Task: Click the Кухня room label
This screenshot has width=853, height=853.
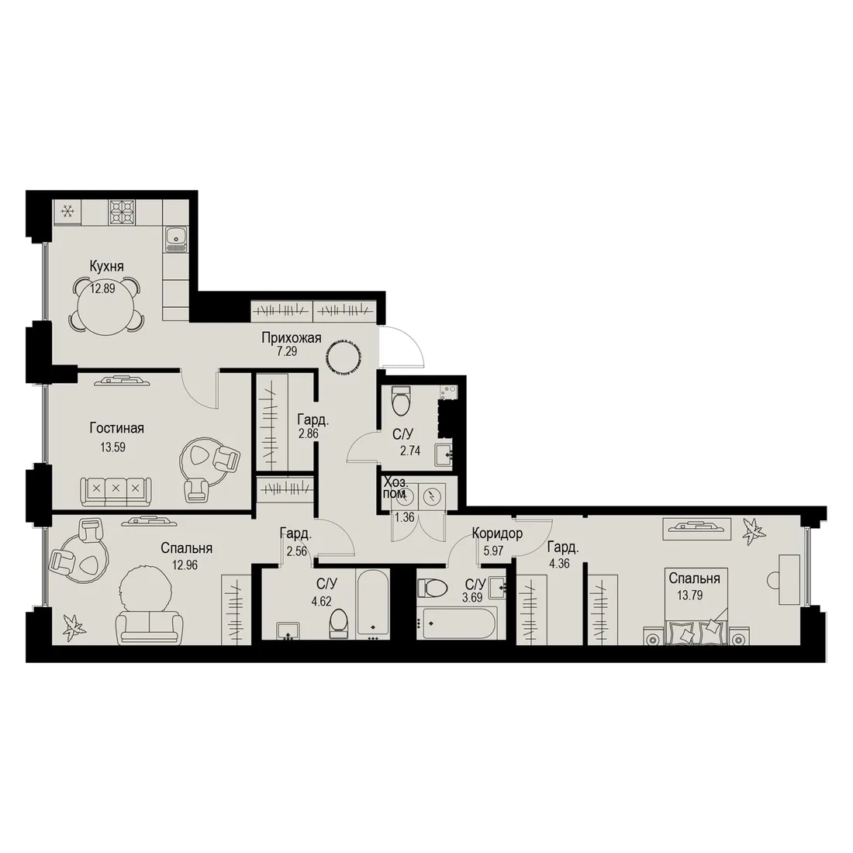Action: (x=107, y=266)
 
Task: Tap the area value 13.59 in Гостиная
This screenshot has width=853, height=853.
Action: (x=112, y=447)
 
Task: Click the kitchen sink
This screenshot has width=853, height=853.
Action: (x=176, y=240)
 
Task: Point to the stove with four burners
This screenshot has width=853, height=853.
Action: (x=122, y=212)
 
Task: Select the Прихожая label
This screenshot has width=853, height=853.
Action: (x=292, y=338)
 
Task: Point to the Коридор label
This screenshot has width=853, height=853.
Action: (x=497, y=534)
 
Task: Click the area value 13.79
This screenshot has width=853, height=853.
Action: (x=690, y=595)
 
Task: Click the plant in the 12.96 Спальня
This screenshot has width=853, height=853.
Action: (x=73, y=625)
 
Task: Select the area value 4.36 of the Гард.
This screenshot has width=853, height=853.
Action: (x=559, y=564)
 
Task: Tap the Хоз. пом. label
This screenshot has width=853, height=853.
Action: (x=395, y=488)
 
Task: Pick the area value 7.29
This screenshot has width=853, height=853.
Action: (x=287, y=351)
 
